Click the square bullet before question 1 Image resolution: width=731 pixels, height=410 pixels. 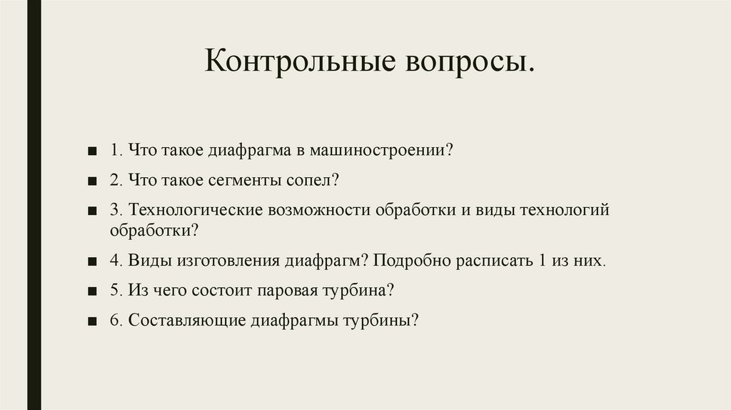94,152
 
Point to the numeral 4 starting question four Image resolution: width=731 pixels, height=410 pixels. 114,261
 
